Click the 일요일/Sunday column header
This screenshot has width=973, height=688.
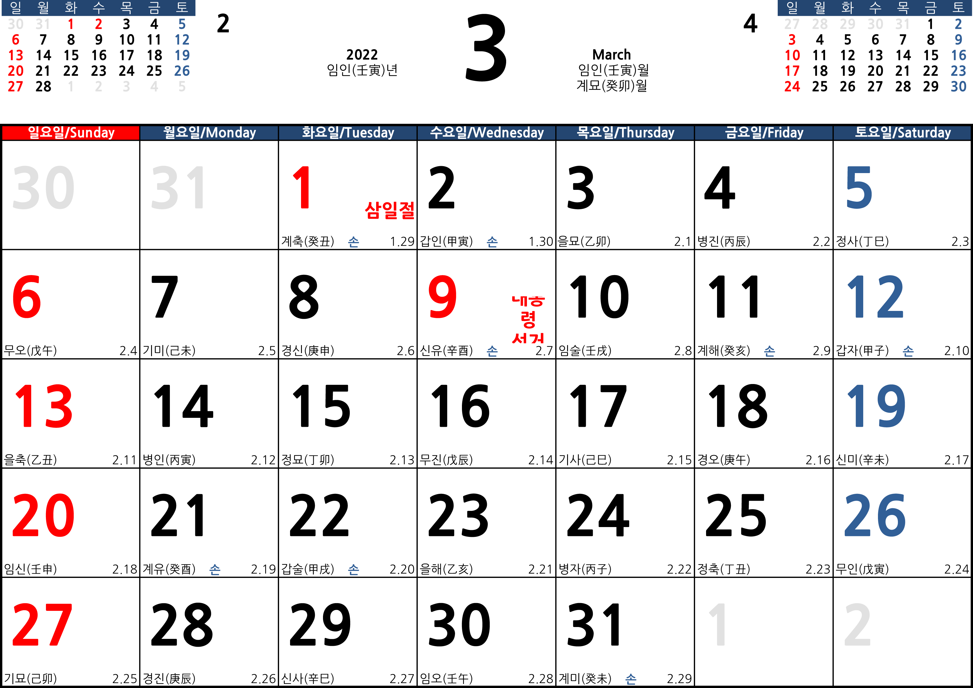pos(71,133)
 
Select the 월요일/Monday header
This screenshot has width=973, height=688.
pos(209,133)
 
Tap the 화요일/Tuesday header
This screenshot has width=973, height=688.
pos(348,133)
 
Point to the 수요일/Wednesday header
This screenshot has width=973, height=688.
pos(486,133)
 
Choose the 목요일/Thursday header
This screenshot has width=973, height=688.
pos(625,133)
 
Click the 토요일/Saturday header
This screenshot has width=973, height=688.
pos(902,133)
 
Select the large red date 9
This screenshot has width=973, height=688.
pos(442,297)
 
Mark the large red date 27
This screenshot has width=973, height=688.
pos(42,624)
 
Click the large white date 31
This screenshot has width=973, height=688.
pos(179,188)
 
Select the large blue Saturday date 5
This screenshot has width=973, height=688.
pos(859,188)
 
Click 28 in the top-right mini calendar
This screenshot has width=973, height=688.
pos(820,24)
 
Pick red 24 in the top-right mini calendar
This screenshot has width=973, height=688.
pos(792,86)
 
